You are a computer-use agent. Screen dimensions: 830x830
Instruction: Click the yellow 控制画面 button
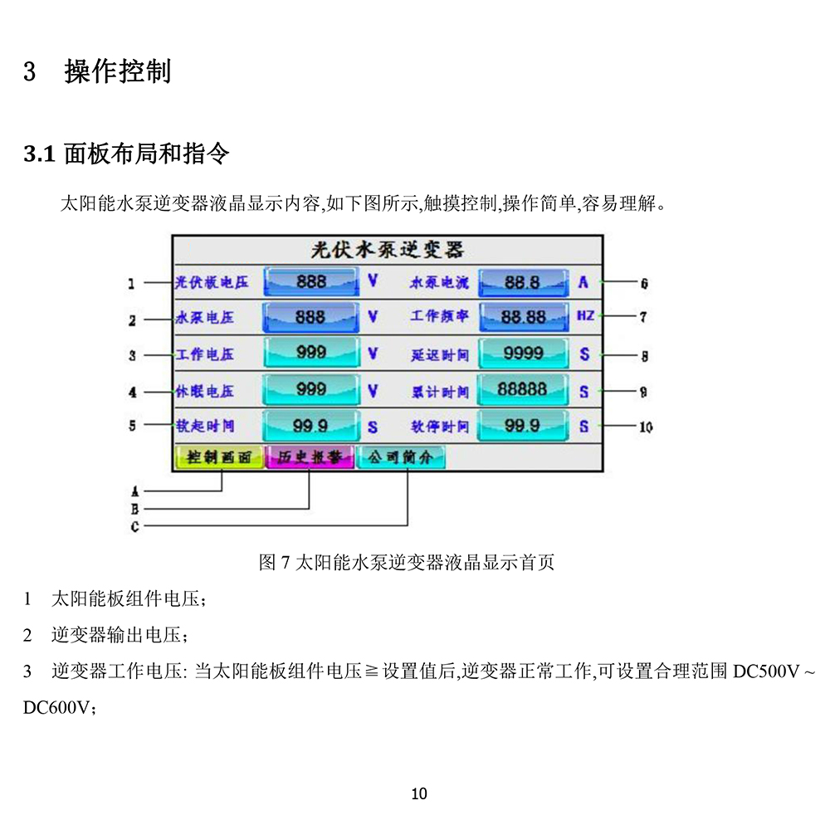click(219, 457)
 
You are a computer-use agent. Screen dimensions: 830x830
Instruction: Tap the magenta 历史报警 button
click(310, 457)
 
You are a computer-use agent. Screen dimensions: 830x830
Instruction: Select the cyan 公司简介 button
click(400, 457)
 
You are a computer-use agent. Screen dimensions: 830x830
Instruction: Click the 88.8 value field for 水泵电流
click(523, 282)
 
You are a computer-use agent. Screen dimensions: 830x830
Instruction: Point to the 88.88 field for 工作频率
click(523, 317)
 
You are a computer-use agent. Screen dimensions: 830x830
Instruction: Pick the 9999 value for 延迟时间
click(523, 354)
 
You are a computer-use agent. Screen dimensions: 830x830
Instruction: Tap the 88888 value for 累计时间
click(523, 389)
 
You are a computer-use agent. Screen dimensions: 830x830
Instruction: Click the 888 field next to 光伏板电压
click(311, 282)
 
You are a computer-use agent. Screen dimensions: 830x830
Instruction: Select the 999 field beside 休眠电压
click(311, 389)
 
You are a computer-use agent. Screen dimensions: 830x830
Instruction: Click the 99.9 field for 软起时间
click(311, 426)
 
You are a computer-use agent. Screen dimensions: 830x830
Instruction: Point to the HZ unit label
click(585, 317)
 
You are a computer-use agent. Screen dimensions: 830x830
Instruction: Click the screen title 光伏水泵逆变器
click(387, 250)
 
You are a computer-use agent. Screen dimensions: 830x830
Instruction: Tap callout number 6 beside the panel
click(644, 284)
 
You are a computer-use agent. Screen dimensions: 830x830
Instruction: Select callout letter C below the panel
click(135, 526)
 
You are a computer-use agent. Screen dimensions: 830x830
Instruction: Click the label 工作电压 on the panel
click(206, 354)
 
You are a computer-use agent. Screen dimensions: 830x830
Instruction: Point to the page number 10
click(419, 794)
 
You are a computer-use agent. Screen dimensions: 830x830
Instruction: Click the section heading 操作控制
click(118, 71)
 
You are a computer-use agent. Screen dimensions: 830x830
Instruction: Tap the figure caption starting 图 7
click(407, 563)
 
